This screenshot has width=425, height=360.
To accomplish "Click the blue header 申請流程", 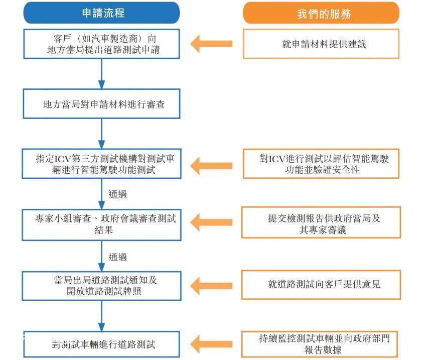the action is tap(102, 13).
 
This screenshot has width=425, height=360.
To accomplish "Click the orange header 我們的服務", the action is tap(321, 13).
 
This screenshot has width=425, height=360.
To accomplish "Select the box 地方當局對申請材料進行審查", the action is tap(102, 104).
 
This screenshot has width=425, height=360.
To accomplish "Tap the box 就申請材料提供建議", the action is tap(321, 44).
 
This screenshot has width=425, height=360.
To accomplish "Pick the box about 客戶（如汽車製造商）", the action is tap(102, 44).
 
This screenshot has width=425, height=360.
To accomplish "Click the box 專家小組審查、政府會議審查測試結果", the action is tap(102, 224).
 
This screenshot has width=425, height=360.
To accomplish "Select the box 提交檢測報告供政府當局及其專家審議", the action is tap(321, 222).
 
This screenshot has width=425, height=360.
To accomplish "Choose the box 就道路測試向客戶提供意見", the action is tap(321, 285).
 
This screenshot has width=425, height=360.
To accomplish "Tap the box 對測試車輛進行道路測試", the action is tap(102, 344).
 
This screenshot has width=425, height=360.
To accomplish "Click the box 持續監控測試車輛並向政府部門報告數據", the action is tap(320, 344).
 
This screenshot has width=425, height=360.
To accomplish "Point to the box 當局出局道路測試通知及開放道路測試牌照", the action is tap(102, 286).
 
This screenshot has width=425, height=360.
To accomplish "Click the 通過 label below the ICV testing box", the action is tap(117, 194).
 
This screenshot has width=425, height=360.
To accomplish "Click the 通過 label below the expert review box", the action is tap(117, 257).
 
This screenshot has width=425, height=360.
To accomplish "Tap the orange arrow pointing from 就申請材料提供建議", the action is tap(211, 44).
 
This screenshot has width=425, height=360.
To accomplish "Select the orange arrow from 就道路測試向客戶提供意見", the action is tap(211, 286).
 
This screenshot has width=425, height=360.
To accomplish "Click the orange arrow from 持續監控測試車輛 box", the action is tap(211, 344).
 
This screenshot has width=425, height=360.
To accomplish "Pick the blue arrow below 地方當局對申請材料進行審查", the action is tap(102, 134).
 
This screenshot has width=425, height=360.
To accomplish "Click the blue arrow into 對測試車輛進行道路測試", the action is tap(102, 316).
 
